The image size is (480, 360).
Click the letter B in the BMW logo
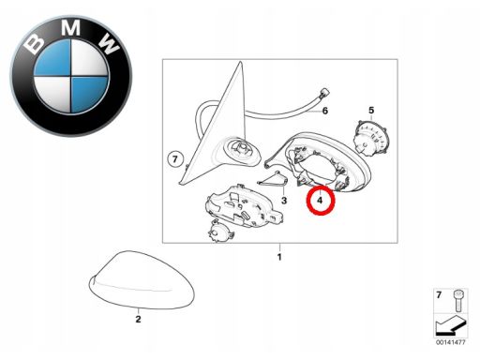point(34,43)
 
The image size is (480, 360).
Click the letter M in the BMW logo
point(70,26)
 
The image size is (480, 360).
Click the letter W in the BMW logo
point(108,43)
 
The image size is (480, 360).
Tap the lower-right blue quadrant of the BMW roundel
point(89,94)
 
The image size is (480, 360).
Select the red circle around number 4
point(321,200)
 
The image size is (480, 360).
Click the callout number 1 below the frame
point(279,257)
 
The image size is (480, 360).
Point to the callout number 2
point(138,319)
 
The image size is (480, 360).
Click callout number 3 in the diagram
point(284,200)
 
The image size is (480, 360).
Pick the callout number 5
point(371,110)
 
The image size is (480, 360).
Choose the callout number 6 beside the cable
point(325,111)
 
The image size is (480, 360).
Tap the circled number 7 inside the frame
point(175,159)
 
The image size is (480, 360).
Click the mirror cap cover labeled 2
point(142,280)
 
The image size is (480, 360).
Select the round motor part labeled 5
point(371,138)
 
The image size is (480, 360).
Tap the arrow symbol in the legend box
point(450,325)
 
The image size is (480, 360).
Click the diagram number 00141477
point(451,342)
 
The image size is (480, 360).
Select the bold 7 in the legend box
point(439,295)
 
